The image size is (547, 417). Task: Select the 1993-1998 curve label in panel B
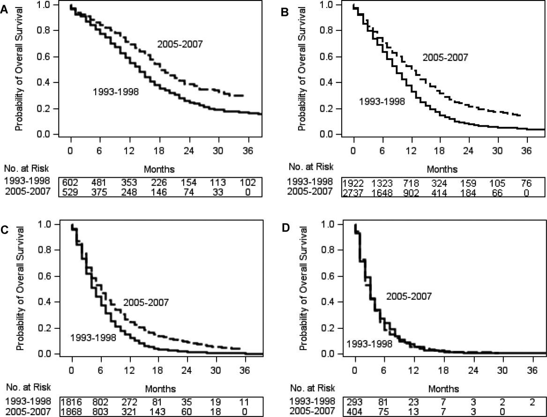(382, 100)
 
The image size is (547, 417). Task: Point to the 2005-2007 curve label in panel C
(145, 303)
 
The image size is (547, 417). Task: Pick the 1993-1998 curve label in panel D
(369, 344)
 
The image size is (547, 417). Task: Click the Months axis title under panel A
(157, 169)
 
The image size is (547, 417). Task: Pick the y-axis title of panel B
(302, 68)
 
